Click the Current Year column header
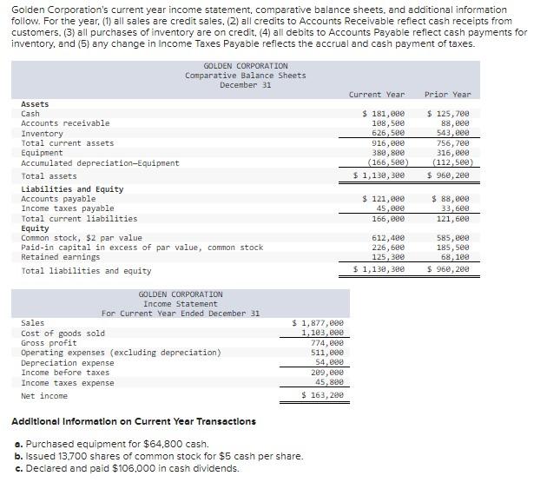pyautogui.click(x=376, y=94)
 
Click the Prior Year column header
pyautogui.click(x=447, y=94)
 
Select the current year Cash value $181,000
pyautogui.click(x=383, y=114)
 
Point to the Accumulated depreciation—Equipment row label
pyautogui.click(x=100, y=162)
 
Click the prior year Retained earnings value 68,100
pyautogui.click(x=454, y=257)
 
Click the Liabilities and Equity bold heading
pyautogui.click(x=72, y=189)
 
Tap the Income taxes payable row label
pyautogui.click(x=67, y=208)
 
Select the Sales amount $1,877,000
pyautogui.click(x=322, y=322)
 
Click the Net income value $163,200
pyautogui.click(x=322, y=395)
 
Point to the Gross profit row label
pyautogui.click(x=49, y=343)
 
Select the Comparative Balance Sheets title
pyautogui.click(x=245, y=76)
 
